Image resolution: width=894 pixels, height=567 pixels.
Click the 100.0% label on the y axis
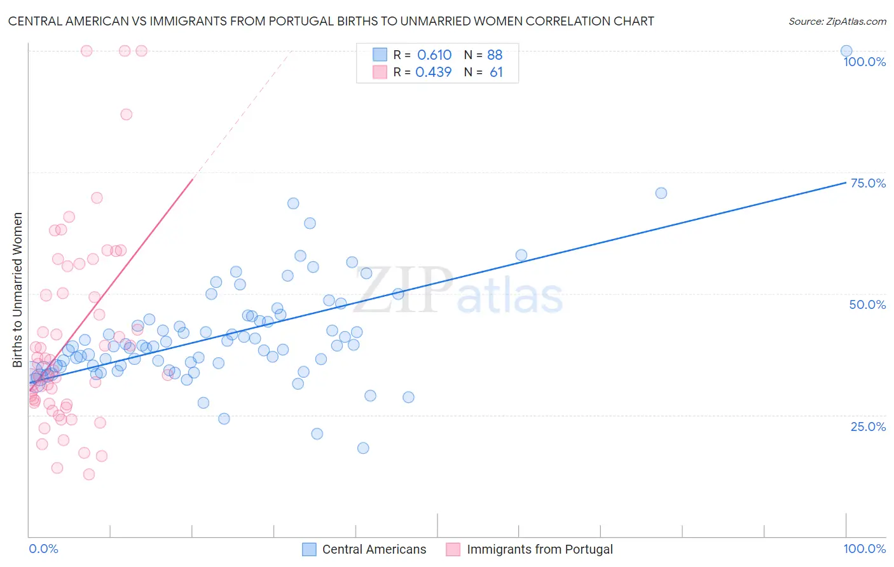pos(864,62)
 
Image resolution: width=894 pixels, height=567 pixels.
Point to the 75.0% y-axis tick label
pos(868,183)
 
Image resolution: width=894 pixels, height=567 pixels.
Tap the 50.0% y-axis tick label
pos(867,304)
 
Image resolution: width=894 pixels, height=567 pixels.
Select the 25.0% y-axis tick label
pos(868,426)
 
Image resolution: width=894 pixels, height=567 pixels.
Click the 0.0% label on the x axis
pos(43,549)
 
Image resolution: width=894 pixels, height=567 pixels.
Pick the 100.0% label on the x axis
pos(864,549)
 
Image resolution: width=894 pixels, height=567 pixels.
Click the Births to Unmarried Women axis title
pos(17,290)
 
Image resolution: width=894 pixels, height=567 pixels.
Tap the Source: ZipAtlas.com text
pos(837,21)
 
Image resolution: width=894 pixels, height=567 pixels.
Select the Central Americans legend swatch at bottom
pos(309,549)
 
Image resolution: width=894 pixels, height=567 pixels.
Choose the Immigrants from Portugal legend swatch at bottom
pos(453,549)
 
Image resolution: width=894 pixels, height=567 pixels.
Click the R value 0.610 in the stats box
pos(434,55)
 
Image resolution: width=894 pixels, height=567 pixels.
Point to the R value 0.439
pos(433,72)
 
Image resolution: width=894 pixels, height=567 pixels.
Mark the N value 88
pos(495,55)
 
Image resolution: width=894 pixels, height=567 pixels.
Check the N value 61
pos(496,72)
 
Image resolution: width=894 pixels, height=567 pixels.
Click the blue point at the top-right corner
pos(846,51)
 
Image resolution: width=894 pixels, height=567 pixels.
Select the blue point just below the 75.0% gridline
pos(661,193)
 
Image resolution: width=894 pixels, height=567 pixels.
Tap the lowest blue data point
pos(363,447)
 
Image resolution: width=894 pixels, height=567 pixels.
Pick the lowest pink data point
pos(89,474)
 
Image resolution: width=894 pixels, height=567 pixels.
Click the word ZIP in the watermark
pos(403,290)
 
